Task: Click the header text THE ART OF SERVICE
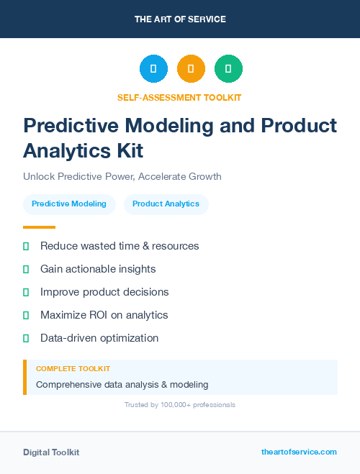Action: (180, 19)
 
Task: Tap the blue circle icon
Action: (153, 69)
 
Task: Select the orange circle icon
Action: (191, 69)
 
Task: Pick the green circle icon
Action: (228, 69)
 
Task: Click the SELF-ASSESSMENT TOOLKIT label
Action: (180, 97)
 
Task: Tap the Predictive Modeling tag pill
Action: (69, 204)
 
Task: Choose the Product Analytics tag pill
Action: (166, 204)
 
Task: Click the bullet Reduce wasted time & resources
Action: (120, 246)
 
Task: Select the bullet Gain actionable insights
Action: (98, 269)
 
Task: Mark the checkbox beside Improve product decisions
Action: (26, 292)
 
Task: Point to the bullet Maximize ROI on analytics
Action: (104, 315)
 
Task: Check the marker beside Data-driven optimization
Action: (26, 338)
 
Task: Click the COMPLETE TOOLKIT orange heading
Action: (73, 368)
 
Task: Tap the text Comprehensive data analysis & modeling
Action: (122, 384)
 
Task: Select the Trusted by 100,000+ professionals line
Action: (180, 405)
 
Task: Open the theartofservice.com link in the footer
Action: (299, 452)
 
